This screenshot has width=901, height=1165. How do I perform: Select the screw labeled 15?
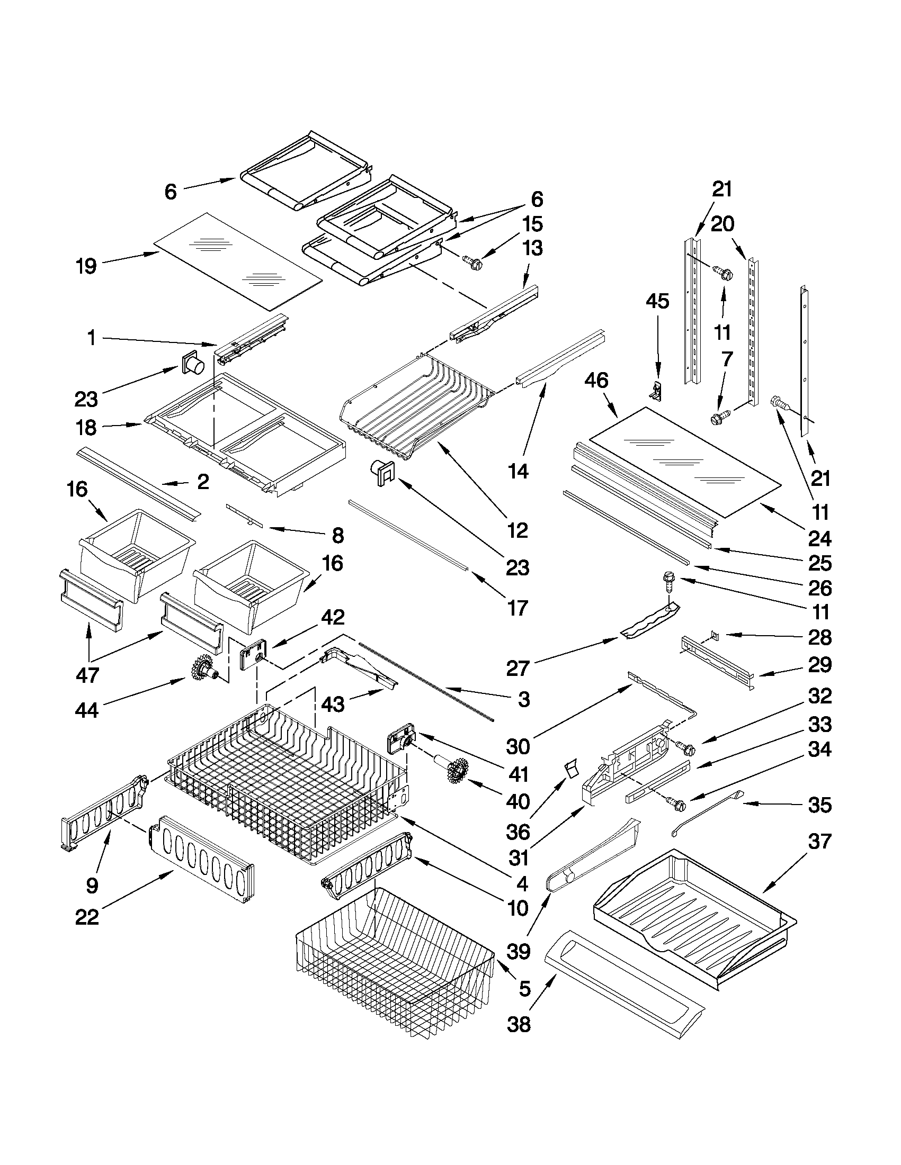coord(473,262)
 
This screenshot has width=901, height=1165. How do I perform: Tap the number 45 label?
coord(657,301)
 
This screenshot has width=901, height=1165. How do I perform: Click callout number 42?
coord(333,617)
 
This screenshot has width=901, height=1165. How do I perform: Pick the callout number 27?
coord(517,669)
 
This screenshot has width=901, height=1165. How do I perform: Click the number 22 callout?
coord(87,917)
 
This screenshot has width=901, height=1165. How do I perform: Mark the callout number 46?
coord(596,381)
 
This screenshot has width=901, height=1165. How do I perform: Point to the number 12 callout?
coord(518,530)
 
